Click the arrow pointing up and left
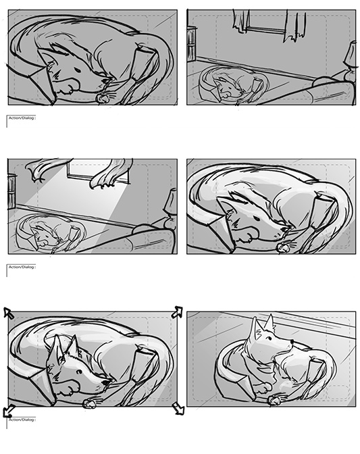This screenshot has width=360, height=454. [8, 313]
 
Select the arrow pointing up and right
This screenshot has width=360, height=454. [177, 312]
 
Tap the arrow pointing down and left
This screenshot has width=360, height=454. [9, 411]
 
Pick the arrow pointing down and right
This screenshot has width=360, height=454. [178, 408]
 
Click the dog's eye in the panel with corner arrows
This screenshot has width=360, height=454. [78, 372]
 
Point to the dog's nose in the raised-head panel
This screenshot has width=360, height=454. [292, 342]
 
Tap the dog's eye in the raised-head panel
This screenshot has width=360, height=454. [269, 338]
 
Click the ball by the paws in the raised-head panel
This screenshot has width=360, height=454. [273, 401]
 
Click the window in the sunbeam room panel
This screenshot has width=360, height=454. [98, 172]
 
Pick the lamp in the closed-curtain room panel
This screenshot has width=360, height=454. [350, 59]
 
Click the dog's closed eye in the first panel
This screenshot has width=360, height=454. [78, 71]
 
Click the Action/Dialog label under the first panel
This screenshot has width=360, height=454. [22, 118]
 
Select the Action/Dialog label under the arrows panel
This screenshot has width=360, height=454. [22, 420]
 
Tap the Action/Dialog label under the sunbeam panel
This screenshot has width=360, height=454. [22, 267]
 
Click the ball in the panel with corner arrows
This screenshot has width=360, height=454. [89, 403]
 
